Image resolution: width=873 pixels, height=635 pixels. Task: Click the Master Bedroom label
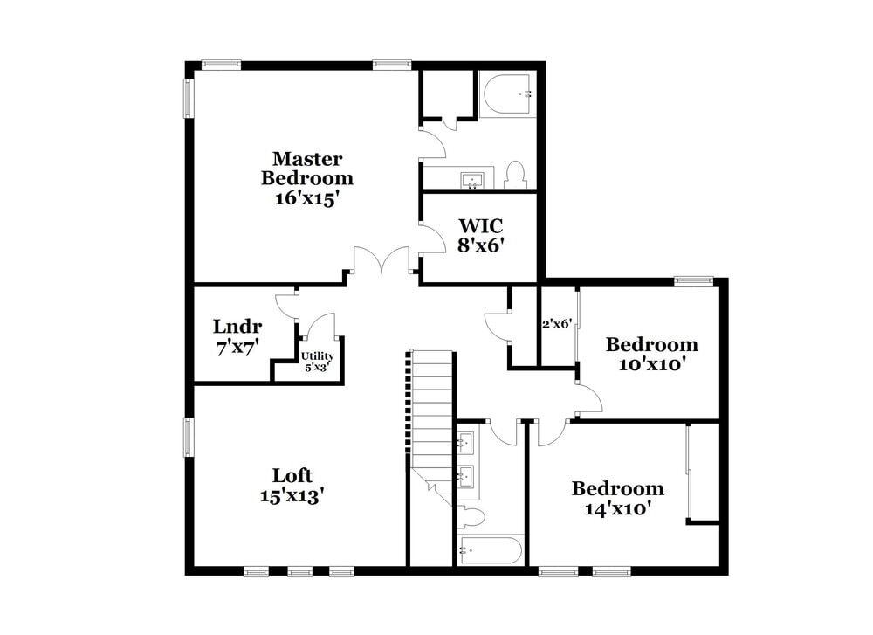click(x=307, y=169)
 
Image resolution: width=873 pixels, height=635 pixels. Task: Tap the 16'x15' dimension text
click(x=307, y=197)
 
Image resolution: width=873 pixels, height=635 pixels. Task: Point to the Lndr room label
click(x=237, y=327)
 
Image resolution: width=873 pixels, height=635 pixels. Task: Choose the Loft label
click(x=292, y=476)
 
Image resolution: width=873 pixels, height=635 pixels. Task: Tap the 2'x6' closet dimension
click(x=557, y=323)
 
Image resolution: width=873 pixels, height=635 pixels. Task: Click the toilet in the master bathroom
click(x=515, y=174)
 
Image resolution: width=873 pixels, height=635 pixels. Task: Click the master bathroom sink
click(x=473, y=180)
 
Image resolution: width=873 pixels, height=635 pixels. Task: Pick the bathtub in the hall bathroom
click(x=491, y=551)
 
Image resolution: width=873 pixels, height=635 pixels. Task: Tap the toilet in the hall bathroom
click(x=471, y=517)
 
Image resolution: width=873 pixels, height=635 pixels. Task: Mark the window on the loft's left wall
click(x=189, y=437)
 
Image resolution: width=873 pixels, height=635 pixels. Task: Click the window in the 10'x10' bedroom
click(x=694, y=281)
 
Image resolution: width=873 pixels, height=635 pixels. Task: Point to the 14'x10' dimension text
click(x=617, y=507)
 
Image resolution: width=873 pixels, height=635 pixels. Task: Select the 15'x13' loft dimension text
click(x=292, y=496)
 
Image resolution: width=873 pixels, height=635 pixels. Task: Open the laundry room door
click(x=288, y=306)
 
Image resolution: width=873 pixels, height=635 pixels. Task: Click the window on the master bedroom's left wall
click(x=189, y=99)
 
